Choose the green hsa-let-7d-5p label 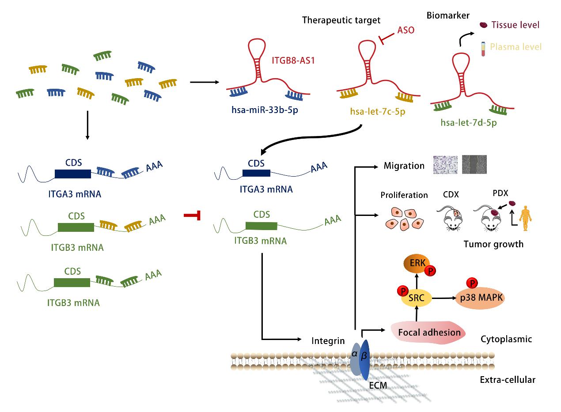click(x=468, y=123)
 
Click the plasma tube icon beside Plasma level click(x=483, y=47)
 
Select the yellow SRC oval click(x=416, y=298)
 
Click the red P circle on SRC click(x=402, y=291)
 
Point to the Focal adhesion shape click(x=429, y=333)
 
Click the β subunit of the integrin click(x=364, y=359)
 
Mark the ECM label click(x=378, y=385)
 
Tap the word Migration click(x=404, y=166)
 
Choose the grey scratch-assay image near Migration click(x=474, y=164)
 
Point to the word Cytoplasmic click(x=506, y=339)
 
